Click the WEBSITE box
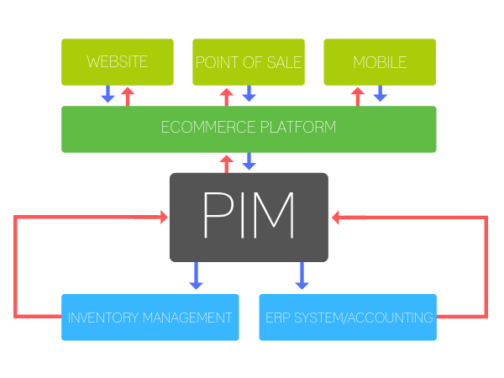point(117,62)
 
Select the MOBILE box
point(380,62)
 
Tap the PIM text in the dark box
point(249,217)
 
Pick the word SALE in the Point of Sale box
point(284,62)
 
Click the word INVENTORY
point(98,318)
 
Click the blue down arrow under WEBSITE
point(108,95)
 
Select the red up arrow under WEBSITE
point(128,95)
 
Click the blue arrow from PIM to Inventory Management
point(196,276)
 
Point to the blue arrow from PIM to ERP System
point(302,276)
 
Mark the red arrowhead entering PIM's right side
point(336,218)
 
